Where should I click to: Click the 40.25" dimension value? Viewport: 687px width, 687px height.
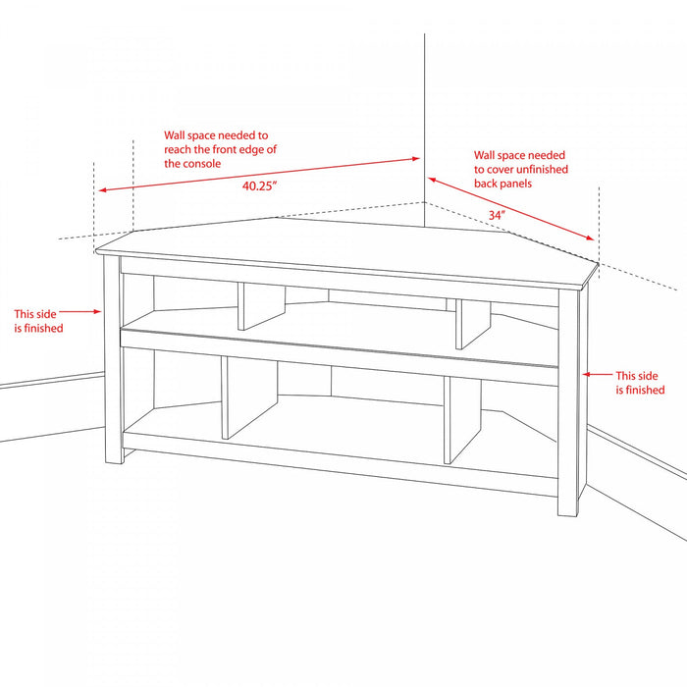click(x=260, y=185)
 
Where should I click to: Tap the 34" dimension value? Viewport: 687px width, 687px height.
click(x=497, y=215)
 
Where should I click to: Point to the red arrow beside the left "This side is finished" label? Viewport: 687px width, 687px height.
click(x=80, y=311)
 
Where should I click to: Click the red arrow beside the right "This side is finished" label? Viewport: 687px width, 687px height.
click(x=597, y=374)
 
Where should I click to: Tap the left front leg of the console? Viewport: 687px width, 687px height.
click(x=113, y=359)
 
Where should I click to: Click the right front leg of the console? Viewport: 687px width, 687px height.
click(x=568, y=403)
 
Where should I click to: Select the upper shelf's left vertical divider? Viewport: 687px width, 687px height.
click(x=261, y=306)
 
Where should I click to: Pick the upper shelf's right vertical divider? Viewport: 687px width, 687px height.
click(x=473, y=324)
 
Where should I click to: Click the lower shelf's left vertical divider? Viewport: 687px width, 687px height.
click(x=249, y=397)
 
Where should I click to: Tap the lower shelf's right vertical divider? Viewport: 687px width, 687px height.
click(x=462, y=420)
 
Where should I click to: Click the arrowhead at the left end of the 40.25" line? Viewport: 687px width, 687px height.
click(x=102, y=189)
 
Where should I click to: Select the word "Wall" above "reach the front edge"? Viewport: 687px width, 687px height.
click(x=175, y=135)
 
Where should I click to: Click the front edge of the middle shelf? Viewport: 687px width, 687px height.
click(x=340, y=349)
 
